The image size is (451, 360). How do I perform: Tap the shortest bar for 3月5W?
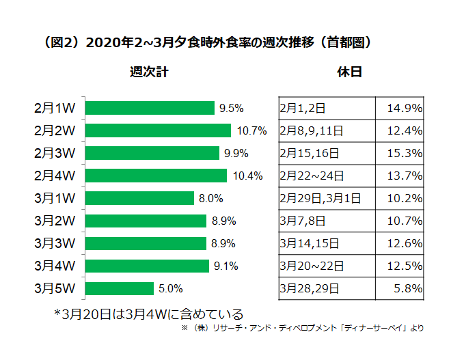(120, 288)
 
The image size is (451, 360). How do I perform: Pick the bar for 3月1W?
(140, 198)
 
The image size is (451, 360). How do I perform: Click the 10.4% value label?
(247, 176)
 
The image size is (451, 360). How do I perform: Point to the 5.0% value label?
(170, 288)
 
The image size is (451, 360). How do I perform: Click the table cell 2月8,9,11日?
(312, 130)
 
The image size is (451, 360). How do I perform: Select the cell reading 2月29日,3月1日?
(320, 198)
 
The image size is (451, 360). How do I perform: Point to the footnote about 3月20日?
(148, 314)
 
